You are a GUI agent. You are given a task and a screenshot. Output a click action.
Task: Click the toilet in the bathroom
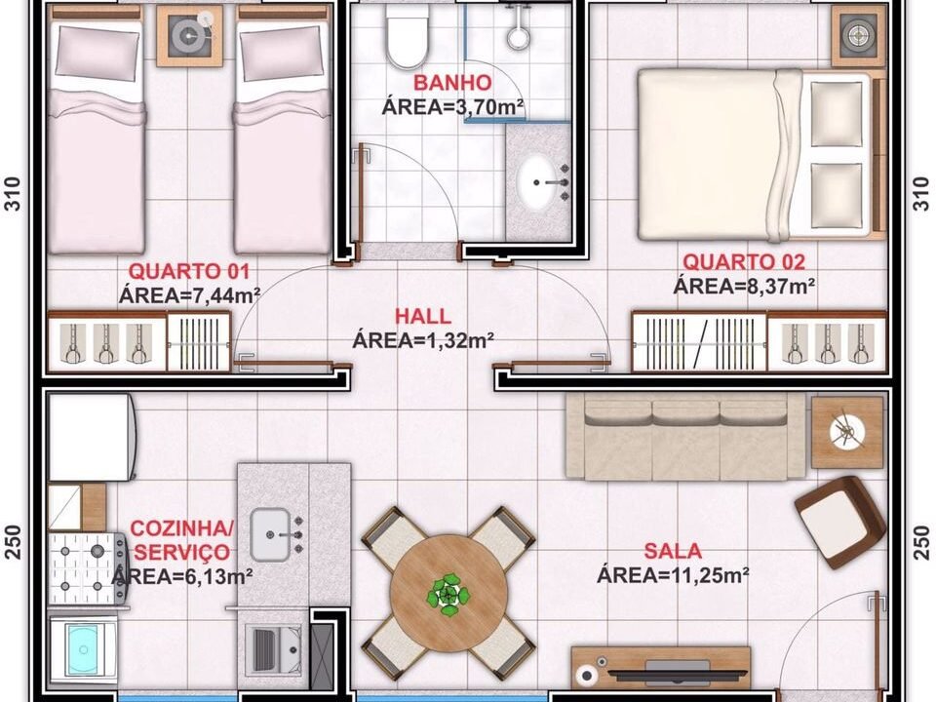pos(408,35)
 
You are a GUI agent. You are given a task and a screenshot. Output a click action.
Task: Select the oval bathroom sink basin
pos(536,182)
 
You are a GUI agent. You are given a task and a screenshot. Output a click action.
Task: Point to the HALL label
pos(422,316)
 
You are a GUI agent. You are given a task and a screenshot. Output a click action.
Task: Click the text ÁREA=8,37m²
pos(744,287)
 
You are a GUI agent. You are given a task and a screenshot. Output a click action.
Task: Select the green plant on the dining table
pos(448,595)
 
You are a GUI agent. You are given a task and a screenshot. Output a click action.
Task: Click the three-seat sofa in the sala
pos(685,437)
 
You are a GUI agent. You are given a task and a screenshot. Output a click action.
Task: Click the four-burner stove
pos(88,568)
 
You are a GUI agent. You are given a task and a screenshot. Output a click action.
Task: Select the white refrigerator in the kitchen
pos(92,437)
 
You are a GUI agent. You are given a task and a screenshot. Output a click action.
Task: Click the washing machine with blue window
pos(82,649)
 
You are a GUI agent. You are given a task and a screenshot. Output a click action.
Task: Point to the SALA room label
pos(673,550)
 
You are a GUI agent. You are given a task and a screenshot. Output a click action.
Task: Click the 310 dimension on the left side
pos(13,193)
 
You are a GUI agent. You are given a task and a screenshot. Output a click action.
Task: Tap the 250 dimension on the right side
pos(922,542)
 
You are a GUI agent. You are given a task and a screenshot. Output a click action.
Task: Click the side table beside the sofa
pos(847,433)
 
